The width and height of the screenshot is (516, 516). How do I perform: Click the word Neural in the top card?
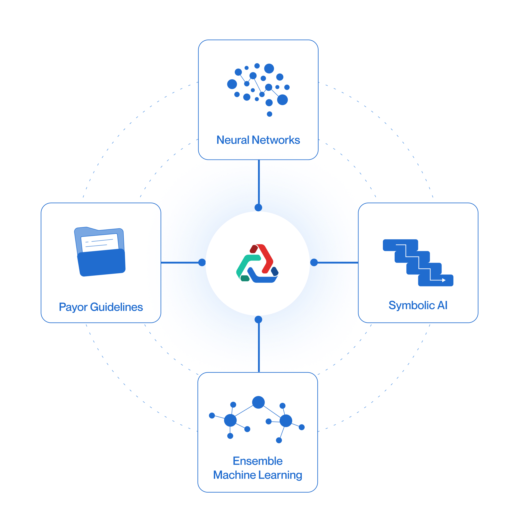pyautogui.click(x=233, y=140)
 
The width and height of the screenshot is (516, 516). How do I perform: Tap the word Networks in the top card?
pyautogui.click(x=276, y=140)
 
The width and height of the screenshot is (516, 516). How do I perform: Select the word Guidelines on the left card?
pyautogui.click(x=116, y=307)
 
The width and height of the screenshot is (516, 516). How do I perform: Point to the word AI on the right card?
pyautogui.click(x=442, y=305)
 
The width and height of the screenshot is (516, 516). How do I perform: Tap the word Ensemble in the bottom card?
pyautogui.click(x=258, y=461)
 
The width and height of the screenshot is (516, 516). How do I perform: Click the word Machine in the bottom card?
pyautogui.click(x=234, y=475)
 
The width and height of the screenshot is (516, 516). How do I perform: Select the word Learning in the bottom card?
pyautogui.click(x=280, y=475)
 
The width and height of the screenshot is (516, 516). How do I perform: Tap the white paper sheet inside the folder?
pyautogui.click(x=100, y=242)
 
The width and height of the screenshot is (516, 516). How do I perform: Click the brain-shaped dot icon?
pyautogui.click(x=258, y=86)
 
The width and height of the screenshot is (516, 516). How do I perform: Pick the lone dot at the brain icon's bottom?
pyautogui.click(x=269, y=114)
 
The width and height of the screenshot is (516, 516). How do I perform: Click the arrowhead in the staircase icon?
pyautogui.click(x=444, y=280)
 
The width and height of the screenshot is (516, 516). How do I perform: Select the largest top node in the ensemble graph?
pyautogui.click(x=258, y=402)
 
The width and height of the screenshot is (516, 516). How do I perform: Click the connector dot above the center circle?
pyautogui.click(x=258, y=207)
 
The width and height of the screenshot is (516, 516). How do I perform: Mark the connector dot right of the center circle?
pyautogui.click(x=314, y=262)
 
